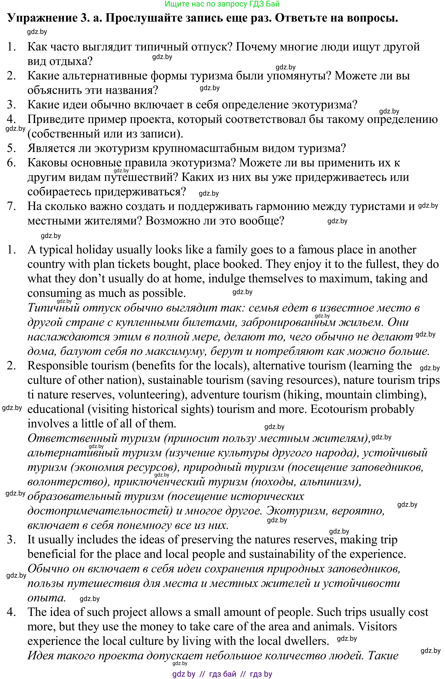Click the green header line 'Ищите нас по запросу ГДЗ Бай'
[x=222, y=4]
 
